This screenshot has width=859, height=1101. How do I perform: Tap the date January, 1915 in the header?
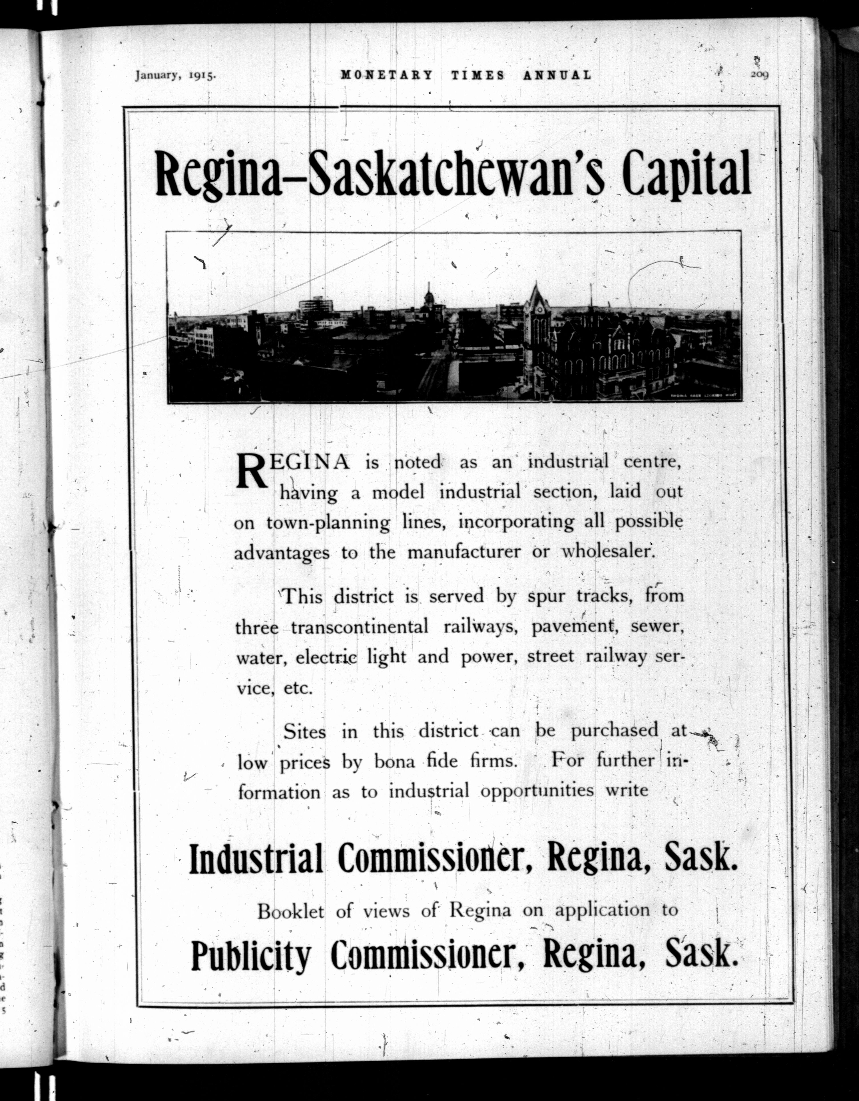(x=175, y=75)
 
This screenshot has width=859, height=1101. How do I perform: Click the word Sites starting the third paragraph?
(x=304, y=731)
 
